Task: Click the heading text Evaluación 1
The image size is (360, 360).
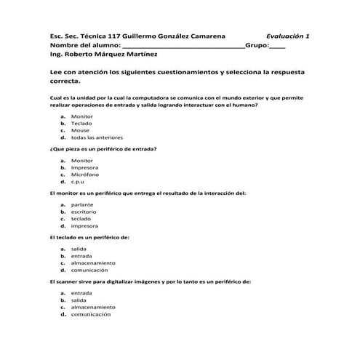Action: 287,36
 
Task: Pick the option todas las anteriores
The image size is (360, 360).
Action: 97,137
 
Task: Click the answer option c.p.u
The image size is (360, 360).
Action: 78,182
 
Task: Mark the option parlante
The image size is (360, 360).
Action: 82,204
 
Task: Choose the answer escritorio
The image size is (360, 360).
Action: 84,212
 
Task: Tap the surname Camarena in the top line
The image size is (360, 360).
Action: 201,36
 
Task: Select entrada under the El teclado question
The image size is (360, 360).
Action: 81,256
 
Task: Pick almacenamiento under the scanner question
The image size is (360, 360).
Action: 93,308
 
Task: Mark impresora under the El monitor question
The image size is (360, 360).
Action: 84,226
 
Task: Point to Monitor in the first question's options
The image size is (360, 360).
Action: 82,116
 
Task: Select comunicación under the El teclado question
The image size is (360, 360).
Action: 90,270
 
